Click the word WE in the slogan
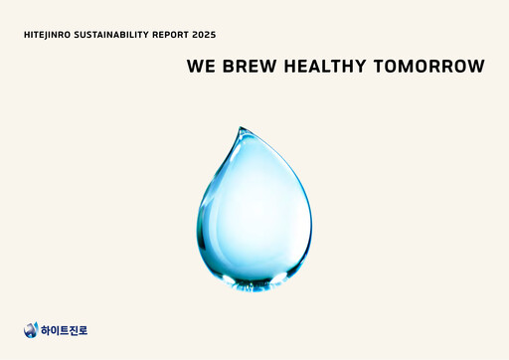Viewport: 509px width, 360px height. [x=199, y=67]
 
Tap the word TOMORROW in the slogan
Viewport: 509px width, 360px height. [x=428, y=67]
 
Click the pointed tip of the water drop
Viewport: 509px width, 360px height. [x=240, y=128]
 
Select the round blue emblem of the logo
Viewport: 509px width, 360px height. [x=31, y=330]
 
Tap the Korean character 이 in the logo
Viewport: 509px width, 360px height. [x=58, y=330]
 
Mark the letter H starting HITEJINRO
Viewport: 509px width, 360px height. [x=26, y=35]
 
